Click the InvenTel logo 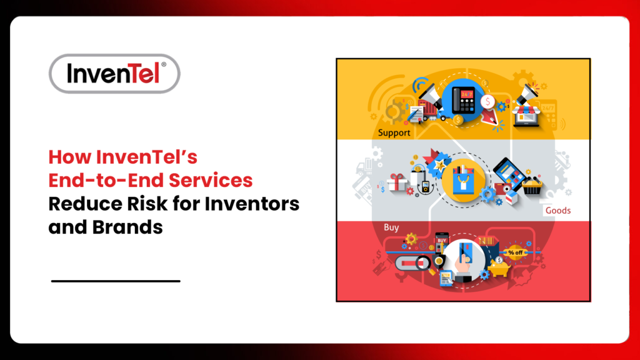(114, 74)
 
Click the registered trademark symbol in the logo (164, 64)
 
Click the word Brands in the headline (129, 226)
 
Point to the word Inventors (255, 204)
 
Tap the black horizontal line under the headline (116, 281)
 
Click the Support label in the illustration (394, 133)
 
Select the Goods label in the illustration (557, 211)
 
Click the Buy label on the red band (391, 227)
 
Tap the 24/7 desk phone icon (463, 101)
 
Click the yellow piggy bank (501, 267)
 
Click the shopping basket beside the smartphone (532, 185)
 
